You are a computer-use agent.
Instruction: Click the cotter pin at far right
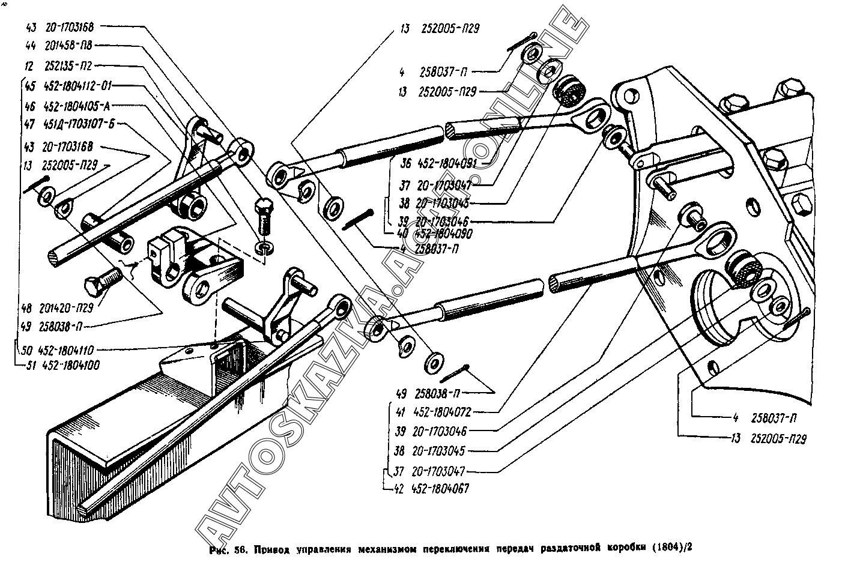click(x=797, y=319)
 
